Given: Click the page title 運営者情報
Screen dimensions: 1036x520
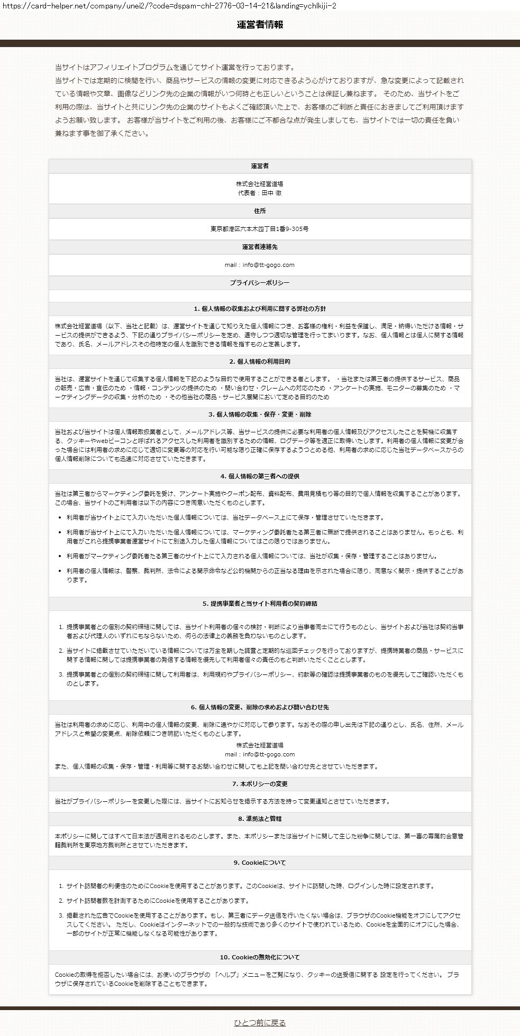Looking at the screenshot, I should click(260, 25).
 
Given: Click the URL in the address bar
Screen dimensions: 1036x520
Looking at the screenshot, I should click(169, 5).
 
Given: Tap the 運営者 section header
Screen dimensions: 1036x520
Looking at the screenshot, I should click(260, 166).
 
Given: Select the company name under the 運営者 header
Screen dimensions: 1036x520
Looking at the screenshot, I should click(260, 184).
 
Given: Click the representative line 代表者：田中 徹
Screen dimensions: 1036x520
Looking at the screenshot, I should click(260, 193).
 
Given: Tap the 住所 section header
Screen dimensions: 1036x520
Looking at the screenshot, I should click(260, 211).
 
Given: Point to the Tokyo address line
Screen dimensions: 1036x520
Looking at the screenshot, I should click(260, 229).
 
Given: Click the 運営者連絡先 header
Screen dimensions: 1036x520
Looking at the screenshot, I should click(260, 247).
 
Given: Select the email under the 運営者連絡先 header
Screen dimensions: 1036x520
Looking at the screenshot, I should click(260, 265).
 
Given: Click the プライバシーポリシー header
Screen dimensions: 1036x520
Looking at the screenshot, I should click(260, 283).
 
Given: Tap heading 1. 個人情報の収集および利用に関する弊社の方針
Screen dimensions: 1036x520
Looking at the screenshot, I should click(260, 309).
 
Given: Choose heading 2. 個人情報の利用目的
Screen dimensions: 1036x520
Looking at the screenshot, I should click(260, 362).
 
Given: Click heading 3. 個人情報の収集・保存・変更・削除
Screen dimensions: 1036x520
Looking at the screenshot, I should click(260, 414).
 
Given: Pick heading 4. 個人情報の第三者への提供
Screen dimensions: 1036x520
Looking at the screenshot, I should click(260, 476).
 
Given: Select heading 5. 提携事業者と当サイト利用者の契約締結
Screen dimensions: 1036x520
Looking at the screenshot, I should click(260, 603).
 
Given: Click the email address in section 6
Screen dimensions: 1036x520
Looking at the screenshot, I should click(260, 754).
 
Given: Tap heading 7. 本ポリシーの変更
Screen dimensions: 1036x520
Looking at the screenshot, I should click(260, 784).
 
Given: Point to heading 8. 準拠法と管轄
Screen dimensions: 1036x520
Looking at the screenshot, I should click(260, 819).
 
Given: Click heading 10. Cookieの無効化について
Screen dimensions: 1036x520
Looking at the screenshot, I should click(260, 957).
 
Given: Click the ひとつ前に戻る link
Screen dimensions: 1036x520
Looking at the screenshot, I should click(260, 1023).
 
